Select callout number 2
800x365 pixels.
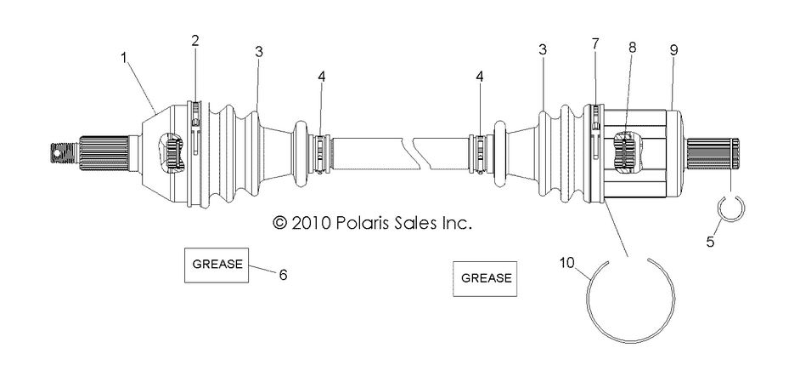195,40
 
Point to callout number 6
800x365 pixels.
284,274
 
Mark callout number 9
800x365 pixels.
673,50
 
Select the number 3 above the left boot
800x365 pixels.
258,52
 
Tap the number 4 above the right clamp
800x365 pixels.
482,76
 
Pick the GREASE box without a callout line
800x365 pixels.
487,277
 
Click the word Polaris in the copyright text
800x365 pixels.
368,223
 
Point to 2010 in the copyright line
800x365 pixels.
315,223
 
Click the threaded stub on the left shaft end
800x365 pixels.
63,153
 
